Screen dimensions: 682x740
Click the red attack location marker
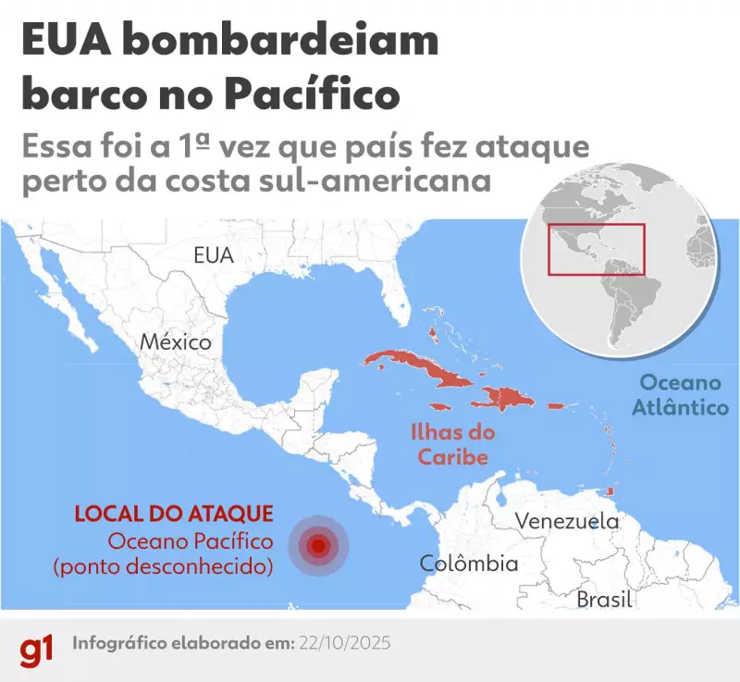(318, 546)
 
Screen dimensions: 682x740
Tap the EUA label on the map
(214, 255)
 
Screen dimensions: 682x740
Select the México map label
(176, 341)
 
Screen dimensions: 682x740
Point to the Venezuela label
(566, 520)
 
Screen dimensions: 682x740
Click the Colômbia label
(468, 563)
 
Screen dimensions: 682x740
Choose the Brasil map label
(604, 599)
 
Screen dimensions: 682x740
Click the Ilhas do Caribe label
(453, 444)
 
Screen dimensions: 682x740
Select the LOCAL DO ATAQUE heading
(173, 513)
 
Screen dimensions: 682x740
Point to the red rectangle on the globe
(596, 249)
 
